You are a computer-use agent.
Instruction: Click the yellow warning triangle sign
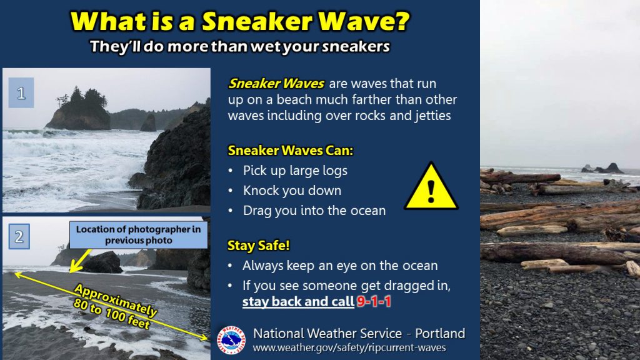431,187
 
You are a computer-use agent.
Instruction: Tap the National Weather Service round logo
231,340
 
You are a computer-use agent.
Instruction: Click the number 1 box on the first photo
21,93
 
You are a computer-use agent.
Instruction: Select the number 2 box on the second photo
19,237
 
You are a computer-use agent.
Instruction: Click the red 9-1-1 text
374,301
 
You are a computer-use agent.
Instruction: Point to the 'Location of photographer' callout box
138,235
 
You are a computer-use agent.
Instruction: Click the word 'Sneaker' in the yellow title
258,21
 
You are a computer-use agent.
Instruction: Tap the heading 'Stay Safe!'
258,245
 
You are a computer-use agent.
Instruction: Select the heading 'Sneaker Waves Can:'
290,150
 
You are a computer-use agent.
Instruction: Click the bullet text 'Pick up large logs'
295,170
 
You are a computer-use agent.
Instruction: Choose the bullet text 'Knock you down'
292,190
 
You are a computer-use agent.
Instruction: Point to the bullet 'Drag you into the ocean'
314,211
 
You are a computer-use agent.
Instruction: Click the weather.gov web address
349,347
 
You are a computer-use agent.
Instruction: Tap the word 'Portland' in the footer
440,334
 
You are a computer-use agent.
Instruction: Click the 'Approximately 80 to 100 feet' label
116,307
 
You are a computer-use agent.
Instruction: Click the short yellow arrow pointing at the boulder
80,261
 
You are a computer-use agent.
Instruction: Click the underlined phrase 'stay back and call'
298,301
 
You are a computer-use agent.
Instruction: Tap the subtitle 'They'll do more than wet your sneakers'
240,46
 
